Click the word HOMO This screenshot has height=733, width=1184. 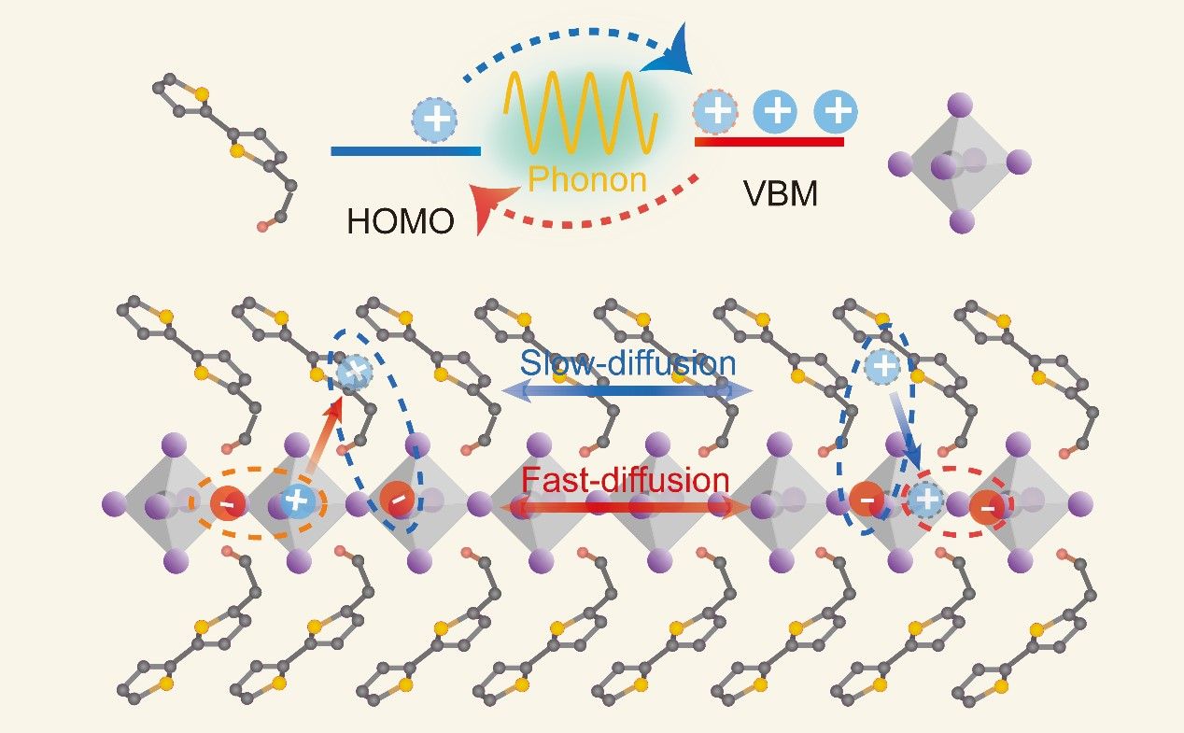coord(401,221)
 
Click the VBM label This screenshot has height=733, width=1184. coord(780,193)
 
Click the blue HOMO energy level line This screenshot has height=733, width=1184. coord(405,150)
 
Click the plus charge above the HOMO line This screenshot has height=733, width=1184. coord(435,121)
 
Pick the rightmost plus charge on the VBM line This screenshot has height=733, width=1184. coord(836,112)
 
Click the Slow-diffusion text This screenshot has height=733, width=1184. coord(627,362)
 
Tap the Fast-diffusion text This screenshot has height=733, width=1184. coord(625,480)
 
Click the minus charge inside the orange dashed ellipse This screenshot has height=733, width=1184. coord(227,504)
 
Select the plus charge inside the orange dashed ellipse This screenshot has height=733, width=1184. coord(296,501)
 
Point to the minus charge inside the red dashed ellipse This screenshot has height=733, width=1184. coord(987,508)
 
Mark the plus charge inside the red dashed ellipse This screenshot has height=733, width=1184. coord(926,501)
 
